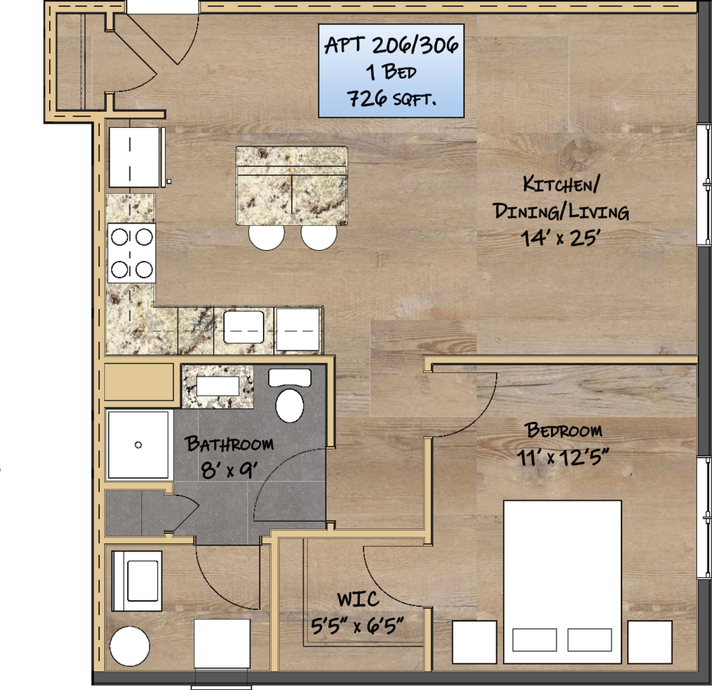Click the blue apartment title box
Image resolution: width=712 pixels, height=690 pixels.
click(x=391, y=71)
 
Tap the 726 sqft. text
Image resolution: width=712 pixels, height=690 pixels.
click(x=392, y=98)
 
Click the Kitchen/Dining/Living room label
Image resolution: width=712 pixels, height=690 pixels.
click(x=561, y=198)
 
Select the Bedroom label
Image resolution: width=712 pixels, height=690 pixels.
click(x=563, y=430)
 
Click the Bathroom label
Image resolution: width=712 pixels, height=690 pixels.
click(x=229, y=443)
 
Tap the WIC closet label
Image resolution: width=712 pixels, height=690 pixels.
click(x=359, y=599)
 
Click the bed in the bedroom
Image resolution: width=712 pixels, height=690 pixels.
click(x=562, y=582)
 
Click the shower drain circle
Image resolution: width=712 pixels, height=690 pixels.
click(x=139, y=445)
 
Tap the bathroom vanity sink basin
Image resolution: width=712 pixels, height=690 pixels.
click(x=218, y=386)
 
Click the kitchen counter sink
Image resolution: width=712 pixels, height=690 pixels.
click(x=244, y=327)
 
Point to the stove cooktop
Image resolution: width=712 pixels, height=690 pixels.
click(x=131, y=253)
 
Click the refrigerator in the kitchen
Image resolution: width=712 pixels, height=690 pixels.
click(x=135, y=157)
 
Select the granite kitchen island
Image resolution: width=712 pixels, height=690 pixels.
click(x=292, y=185)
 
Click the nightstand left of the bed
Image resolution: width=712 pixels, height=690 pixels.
click(x=474, y=643)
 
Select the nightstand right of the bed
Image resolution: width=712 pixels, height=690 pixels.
click(x=649, y=643)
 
